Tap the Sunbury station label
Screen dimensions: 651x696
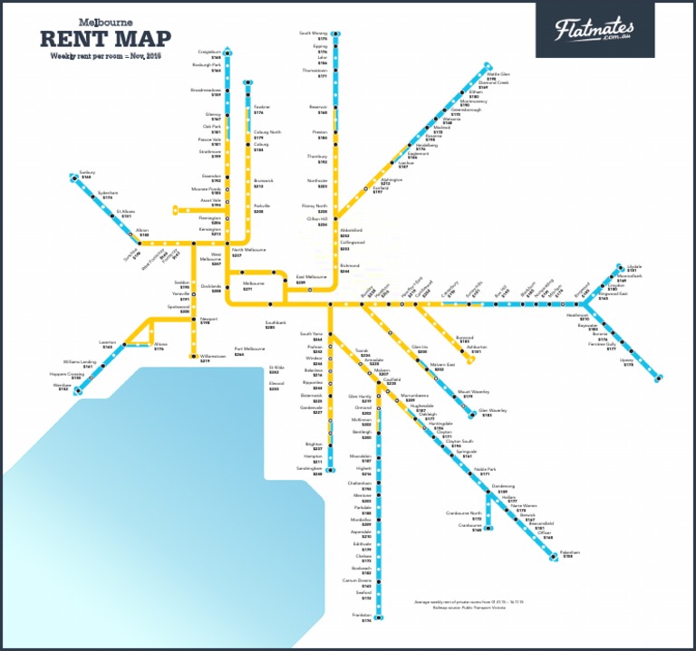(x=87, y=171)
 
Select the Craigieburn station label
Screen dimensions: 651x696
(x=210, y=52)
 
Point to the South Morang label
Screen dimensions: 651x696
(x=314, y=34)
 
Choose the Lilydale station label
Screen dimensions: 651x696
(x=633, y=267)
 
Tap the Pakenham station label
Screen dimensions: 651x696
(x=569, y=551)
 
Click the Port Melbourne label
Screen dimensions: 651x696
(x=249, y=349)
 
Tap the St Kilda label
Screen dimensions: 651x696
(x=275, y=368)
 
